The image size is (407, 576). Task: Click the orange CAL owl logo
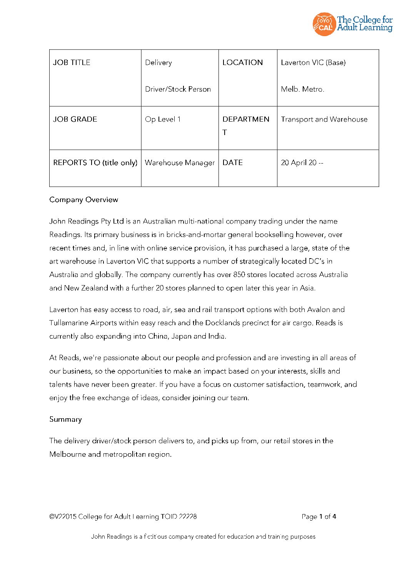[x=324, y=24]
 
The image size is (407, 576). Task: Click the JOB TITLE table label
[x=72, y=62]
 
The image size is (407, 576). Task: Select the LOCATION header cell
[x=242, y=62]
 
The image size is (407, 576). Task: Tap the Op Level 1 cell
[x=163, y=119]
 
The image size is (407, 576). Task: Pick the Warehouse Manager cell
[x=180, y=163]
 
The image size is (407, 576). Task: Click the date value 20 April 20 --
[x=302, y=163]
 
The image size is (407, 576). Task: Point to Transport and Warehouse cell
[x=324, y=119]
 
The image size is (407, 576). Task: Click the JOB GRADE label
[x=75, y=119]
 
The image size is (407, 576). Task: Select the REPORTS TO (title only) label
[x=95, y=163]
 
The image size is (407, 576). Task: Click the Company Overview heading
[x=83, y=200]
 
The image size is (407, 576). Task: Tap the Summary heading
[x=65, y=419]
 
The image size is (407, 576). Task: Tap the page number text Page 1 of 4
[x=319, y=517]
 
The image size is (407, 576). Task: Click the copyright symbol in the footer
[x=52, y=517]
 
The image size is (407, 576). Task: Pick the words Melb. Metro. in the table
[x=302, y=89]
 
